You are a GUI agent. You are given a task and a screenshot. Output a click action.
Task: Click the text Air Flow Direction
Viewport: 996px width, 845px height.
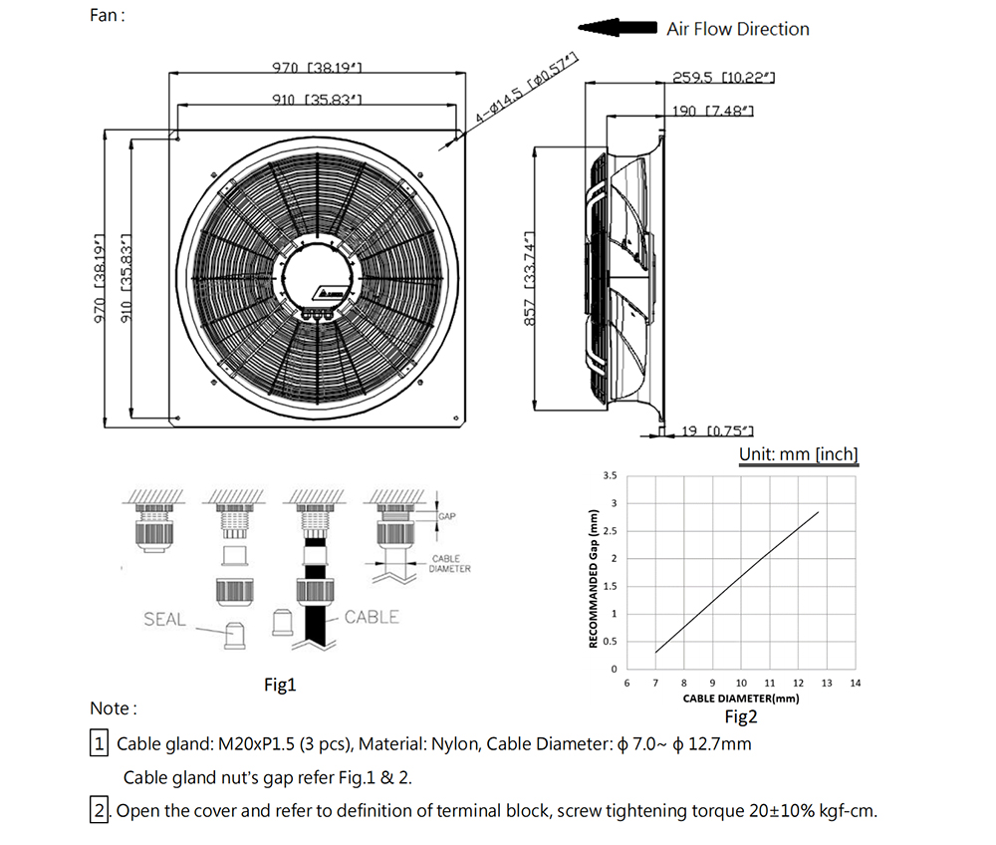click(738, 29)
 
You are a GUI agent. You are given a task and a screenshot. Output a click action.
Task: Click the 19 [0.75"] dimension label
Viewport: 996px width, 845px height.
click(716, 430)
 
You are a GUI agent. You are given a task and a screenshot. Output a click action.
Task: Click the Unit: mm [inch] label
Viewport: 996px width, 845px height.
click(798, 454)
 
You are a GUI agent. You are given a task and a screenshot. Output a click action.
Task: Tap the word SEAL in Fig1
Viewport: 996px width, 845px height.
click(164, 620)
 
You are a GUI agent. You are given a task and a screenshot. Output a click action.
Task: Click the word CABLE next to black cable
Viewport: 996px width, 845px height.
click(372, 617)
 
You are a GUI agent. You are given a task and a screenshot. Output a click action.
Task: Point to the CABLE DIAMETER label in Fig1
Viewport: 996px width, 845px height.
click(450, 564)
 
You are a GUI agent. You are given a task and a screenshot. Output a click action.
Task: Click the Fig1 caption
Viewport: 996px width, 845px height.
click(280, 685)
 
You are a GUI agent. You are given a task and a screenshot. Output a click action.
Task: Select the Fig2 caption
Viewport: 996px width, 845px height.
click(741, 715)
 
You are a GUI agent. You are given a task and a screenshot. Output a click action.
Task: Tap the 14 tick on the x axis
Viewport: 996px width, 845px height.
click(856, 683)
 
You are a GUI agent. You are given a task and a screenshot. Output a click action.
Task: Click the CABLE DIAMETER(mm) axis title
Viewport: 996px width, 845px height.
click(741, 699)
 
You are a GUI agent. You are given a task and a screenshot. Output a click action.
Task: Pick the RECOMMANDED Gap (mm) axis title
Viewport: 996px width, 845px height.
click(594, 579)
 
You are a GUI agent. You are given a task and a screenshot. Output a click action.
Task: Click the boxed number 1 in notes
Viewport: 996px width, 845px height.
click(100, 744)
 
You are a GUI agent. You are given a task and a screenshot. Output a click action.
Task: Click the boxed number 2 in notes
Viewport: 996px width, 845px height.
click(100, 811)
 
